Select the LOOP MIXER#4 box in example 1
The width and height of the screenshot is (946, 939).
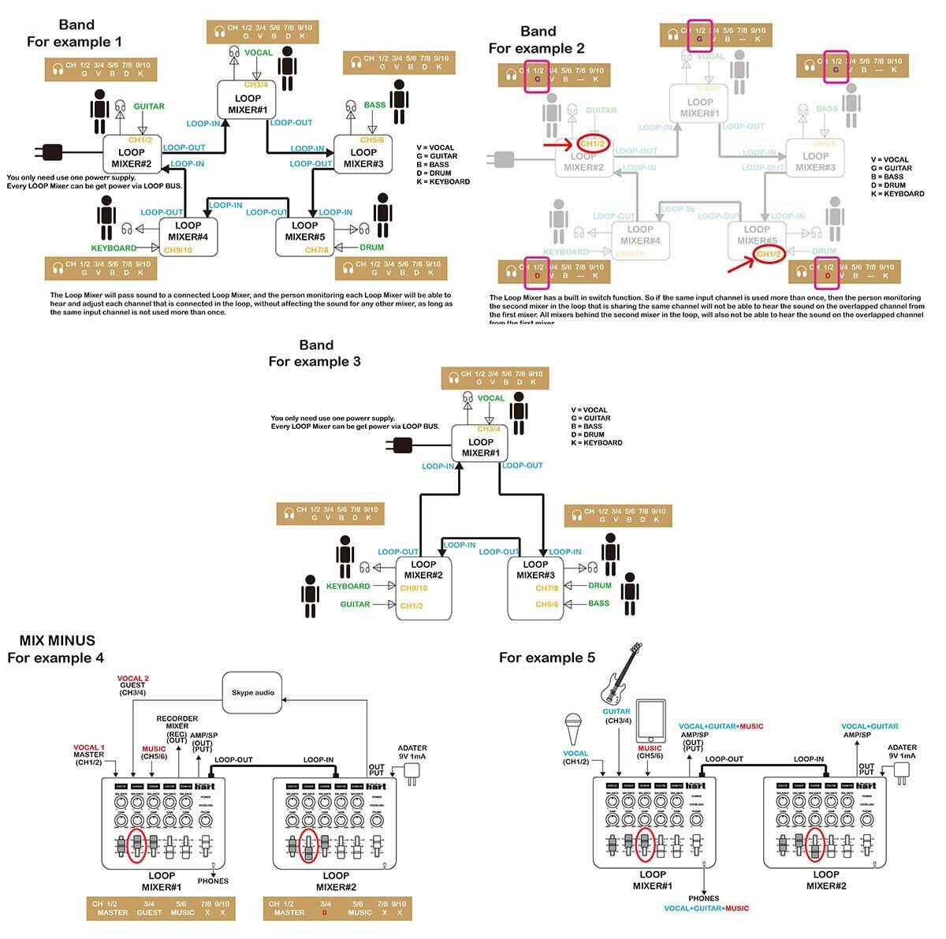[x=188, y=236]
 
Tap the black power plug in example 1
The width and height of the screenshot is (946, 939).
[x=50, y=151]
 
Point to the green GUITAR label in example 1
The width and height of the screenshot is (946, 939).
[x=149, y=106]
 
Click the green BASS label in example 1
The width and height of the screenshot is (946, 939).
[x=375, y=105]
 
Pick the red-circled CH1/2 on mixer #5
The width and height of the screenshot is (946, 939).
[x=769, y=254]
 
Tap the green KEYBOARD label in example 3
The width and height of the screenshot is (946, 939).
[x=348, y=587]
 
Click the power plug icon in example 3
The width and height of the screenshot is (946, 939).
[x=400, y=445]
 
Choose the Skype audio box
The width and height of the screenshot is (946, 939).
[x=253, y=692]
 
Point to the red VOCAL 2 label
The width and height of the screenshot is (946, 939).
[x=132, y=678]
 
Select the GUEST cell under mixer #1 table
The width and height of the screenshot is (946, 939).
[x=149, y=912]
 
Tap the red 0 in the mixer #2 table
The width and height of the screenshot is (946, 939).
[x=323, y=913]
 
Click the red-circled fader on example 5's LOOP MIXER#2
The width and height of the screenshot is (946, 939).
[x=816, y=844]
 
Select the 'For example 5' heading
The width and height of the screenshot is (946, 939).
[x=546, y=658]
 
